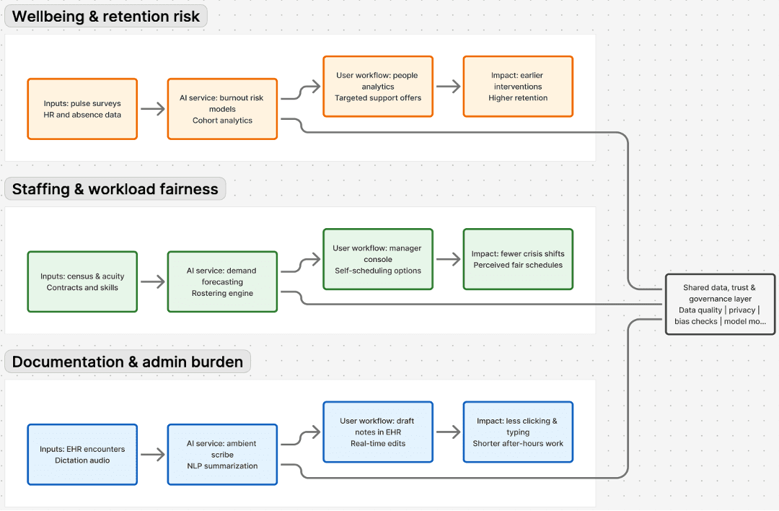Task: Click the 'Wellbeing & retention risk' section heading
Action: tap(106, 17)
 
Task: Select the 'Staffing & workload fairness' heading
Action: tap(115, 189)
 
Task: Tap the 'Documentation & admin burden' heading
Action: tap(128, 362)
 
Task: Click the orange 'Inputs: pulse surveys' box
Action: tap(82, 109)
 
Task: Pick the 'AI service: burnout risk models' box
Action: tap(222, 109)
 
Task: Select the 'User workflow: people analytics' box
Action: tap(378, 87)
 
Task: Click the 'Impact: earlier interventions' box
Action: tap(518, 87)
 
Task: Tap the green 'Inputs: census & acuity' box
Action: tap(82, 281)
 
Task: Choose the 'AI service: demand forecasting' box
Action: tap(222, 281)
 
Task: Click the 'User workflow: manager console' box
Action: tap(378, 259)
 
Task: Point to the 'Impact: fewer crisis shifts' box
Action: tap(518, 259)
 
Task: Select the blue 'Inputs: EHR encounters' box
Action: tap(82, 454)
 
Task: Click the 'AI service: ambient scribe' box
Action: tap(222, 454)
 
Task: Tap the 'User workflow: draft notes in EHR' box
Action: tap(378, 432)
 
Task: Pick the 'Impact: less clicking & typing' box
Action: tap(518, 432)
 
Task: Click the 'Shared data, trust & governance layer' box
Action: tap(720, 304)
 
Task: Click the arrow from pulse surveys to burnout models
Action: tap(152, 109)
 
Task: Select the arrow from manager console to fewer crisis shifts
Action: tap(448, 259)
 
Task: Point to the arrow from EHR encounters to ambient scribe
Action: tap(152, 454)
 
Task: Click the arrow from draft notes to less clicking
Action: tap(448, 432)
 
